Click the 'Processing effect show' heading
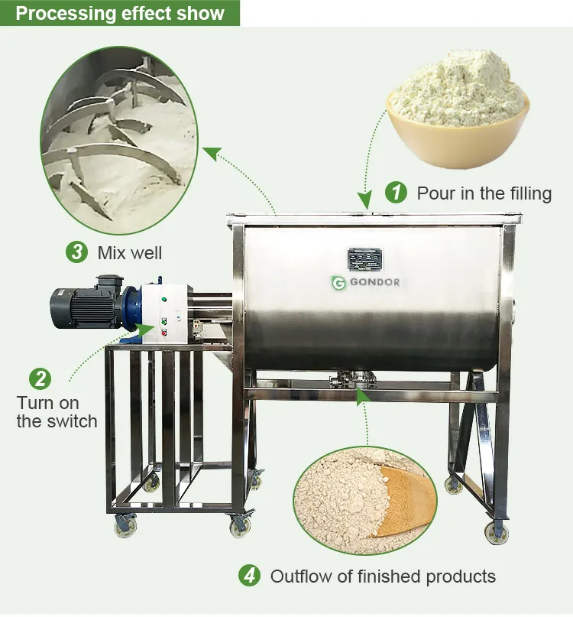click(x=120, y=14)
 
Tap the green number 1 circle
click(x=396, y=193)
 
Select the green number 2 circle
click(x=40, y=378)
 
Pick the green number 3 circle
click(x=77, y=252)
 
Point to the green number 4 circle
click(x=250, y=576)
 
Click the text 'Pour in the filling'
click(x=484, y=193)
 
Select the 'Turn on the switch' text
click(x=57, y=412)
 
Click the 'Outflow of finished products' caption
click(x=383, y=576)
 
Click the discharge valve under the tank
click(x=348, y=378)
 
